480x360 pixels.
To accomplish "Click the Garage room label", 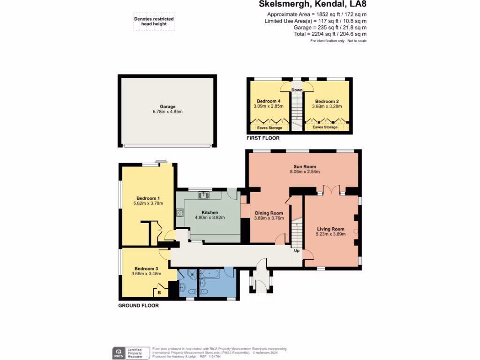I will [x=167, y=106].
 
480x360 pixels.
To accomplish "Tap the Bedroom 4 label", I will [x=269, y=101].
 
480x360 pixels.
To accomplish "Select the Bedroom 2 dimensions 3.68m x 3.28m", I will [x=327, y=106].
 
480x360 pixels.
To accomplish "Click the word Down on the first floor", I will [x=297, y=90].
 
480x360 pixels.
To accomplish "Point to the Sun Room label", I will [x=305, y=166].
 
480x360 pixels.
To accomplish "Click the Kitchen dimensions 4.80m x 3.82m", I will [x=210, y=217].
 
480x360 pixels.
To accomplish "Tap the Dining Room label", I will [x=269, y=212].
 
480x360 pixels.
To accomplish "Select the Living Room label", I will [x=330, y=229].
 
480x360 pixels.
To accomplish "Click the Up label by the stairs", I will [x=296, y=251].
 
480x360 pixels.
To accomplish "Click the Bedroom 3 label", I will [x=146, y=268].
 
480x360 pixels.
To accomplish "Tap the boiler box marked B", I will [x=159, y=292].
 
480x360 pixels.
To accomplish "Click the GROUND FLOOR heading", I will [x=138, y=305].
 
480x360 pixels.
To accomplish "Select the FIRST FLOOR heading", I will [x=263, y=138].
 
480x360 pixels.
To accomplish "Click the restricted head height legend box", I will [x=154, y=22].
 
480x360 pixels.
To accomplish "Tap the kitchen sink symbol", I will [x=204, y=195].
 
